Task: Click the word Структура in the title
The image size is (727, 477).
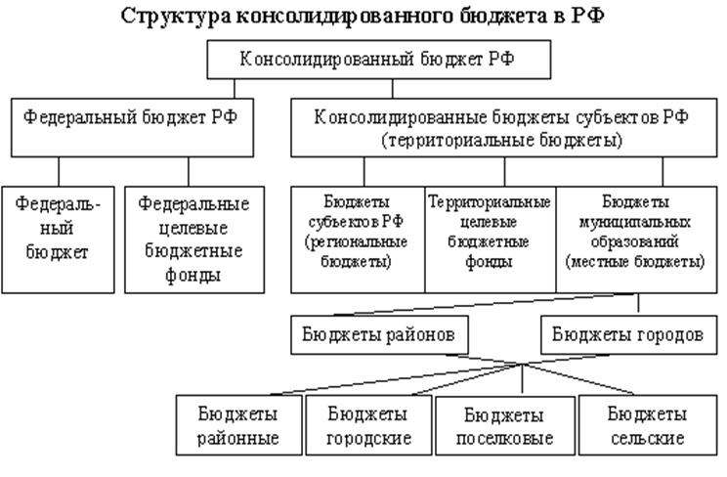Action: (x=176, y=17)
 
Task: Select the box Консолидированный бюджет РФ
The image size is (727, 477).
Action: (x=379, y=60)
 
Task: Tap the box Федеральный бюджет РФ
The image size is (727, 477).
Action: (x=132, y=128)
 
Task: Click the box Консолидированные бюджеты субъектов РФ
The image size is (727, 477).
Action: (x=503, y=128)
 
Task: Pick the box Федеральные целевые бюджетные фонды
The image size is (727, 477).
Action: (x=194, y=239)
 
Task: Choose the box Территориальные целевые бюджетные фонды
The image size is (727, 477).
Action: (x=491, y=239)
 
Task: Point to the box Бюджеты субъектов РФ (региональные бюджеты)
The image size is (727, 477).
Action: (x=358, y=239)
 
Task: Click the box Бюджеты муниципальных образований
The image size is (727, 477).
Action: (x=636, y=239)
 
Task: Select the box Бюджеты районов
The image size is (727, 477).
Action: (x=379, y=335)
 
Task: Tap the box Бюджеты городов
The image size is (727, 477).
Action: (x=628, y=335)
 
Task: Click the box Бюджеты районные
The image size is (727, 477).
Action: (x=238, y=425)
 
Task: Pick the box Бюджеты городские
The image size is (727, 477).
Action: (x=368, y=425)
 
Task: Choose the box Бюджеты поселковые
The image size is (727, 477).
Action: (x=505, y=425)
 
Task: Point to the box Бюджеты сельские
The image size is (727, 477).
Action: (x=648, y=425)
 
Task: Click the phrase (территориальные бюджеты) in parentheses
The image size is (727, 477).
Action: (x=502, y=141)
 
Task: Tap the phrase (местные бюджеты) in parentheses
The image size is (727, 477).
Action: (x=635, y=262)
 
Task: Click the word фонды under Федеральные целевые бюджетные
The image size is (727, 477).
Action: (x=193, y=276)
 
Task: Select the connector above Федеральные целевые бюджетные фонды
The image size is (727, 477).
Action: (x=189, y=172)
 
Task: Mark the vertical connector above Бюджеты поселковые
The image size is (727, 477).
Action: (x=523, y=379)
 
